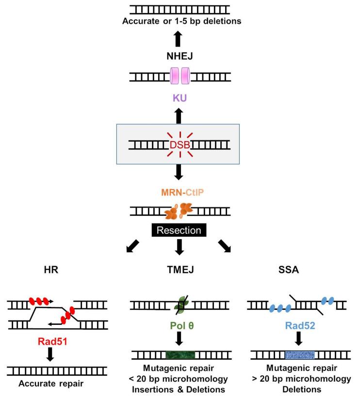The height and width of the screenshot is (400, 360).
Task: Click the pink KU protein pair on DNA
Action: coord(180,76)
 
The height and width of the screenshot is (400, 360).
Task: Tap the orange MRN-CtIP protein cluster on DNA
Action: coord(180,211)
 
